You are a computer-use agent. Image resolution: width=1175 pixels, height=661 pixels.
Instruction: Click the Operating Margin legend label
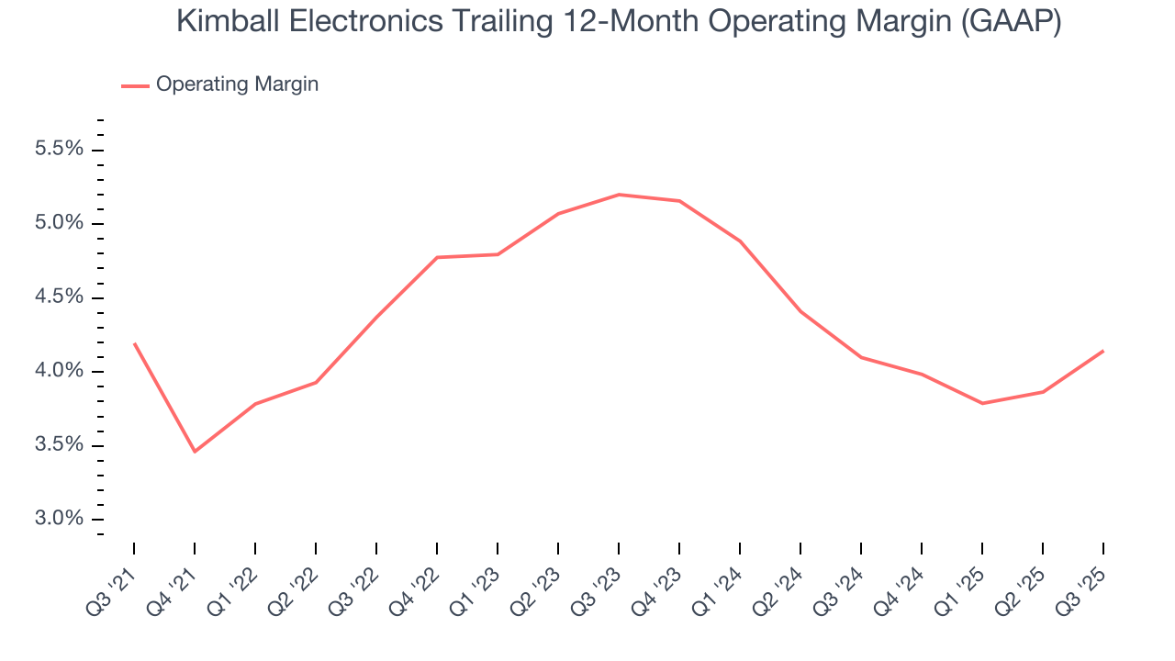tap(237, 84)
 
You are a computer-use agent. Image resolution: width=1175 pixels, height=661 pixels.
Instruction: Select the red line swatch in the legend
tap(135, 85)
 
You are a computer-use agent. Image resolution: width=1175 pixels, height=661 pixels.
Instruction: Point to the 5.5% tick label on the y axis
tap(59, 150)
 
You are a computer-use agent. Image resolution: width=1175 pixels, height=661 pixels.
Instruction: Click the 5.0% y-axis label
tap(59, 224)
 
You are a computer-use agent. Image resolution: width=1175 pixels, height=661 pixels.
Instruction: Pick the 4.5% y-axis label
tap(59, 297)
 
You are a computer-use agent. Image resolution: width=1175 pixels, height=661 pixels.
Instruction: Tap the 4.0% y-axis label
tap(59, 372)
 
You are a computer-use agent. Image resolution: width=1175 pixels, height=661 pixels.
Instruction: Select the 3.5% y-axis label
tap(59, 445)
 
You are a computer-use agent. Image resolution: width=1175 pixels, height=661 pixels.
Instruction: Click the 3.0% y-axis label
tap(59, 520)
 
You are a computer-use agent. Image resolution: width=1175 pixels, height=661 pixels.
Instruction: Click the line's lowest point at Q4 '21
tap(195, 452)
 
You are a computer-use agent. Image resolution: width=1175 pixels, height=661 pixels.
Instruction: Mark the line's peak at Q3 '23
tap(619, 195)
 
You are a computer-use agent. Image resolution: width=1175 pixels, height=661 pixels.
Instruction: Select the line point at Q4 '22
tap(437, 257)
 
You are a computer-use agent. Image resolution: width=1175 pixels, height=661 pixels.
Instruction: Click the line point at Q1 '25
tap(982, 403)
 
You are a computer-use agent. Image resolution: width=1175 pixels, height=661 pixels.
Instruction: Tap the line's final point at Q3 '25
tap(1102, 351)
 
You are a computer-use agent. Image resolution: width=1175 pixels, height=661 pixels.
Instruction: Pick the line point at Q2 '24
tap(800, 311)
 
